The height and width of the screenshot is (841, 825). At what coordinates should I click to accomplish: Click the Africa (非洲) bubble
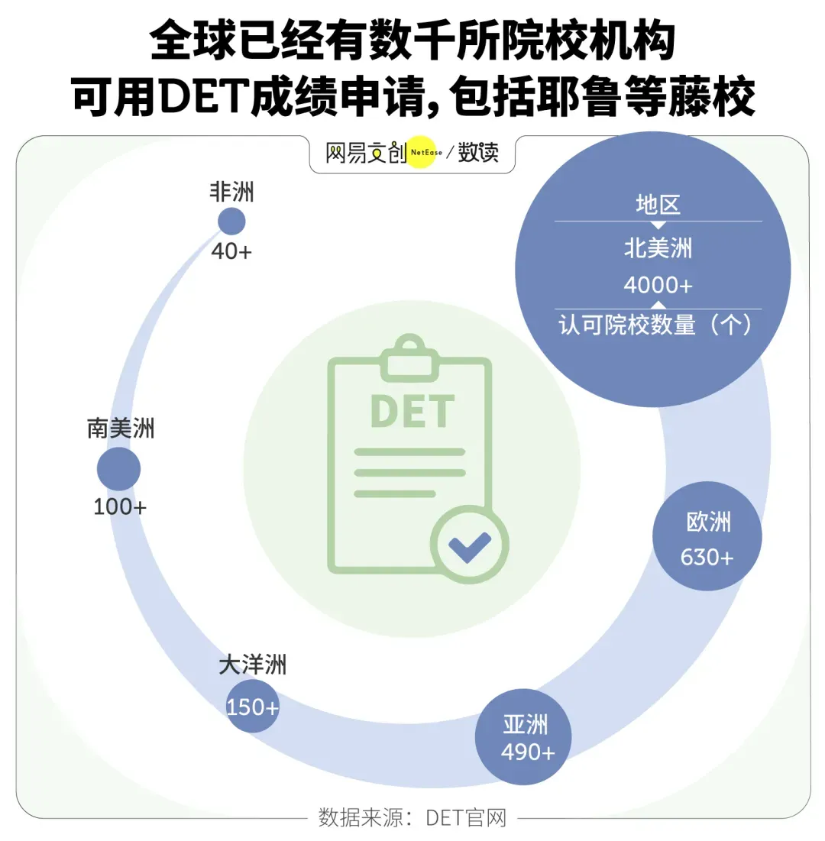231,222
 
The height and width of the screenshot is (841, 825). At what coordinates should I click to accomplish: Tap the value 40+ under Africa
231,251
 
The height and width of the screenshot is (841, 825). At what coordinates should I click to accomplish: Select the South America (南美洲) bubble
119,469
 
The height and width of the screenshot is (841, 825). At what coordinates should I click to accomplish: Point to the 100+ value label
120,506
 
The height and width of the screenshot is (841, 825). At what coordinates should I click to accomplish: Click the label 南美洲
121,429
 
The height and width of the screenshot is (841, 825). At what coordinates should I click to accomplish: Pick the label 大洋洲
253,665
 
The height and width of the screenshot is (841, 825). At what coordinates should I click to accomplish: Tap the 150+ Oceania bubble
252,707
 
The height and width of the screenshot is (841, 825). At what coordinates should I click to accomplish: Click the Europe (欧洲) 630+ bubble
707,536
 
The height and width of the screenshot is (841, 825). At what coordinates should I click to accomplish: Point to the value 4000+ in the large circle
658,285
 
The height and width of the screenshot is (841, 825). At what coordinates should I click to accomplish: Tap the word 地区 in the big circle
658,204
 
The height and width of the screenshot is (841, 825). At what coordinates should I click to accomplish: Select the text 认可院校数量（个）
658,325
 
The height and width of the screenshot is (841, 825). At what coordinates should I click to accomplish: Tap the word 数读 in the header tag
478,153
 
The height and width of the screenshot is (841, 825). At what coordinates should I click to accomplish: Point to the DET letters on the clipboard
412,411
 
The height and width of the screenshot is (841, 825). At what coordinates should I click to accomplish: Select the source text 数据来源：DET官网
412,818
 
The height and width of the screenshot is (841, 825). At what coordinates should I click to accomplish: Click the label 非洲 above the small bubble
231,192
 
